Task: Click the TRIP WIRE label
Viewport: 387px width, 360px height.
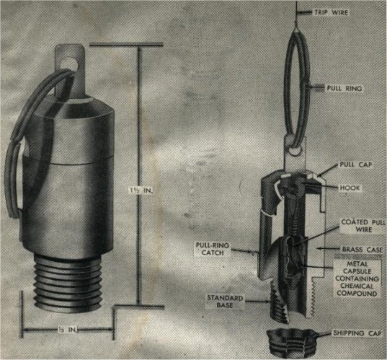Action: pyautogui.click(x=332, y=12)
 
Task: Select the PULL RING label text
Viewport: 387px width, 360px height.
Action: pyautogui.click(x=344, y=88)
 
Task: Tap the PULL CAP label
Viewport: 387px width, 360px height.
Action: pyautogui.click(x=356, y=164)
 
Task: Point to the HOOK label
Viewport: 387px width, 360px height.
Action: pyautogui.click(x=350, y=188)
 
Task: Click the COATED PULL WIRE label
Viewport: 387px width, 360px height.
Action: pyautogui.click(x=362, y=226)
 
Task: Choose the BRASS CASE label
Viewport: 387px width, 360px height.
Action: pyautogui.click(x=362, y=250)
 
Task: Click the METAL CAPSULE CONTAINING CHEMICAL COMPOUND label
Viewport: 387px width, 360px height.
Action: pyautogui.click(x=357, y=278)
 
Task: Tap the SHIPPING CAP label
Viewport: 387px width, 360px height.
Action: pyautogui.click(x=357, y=333)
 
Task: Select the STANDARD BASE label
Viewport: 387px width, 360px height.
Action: pyautogui.click(x=225, y=302)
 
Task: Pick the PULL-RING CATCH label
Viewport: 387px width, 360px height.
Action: pyautogui.click(x=213, y=249)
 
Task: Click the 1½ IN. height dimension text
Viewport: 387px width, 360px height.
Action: pyautogui.click(x=141, y=190)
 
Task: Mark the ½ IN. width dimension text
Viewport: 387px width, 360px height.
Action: pyautogui.click(x=68, y=330)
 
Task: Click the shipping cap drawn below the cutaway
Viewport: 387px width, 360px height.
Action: pyautogui.click(x=293, y=342)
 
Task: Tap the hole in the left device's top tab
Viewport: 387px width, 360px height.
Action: pyautogui.click(x=73, y=63)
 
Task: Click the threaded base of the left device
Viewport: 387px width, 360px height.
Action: pyautogui.click(x=67, y=283)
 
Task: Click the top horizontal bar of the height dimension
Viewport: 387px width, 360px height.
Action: pyautogui.click(x=126, y=45)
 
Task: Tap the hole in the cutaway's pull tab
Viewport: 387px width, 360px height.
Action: pyautogui.click(x=294, y=151)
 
